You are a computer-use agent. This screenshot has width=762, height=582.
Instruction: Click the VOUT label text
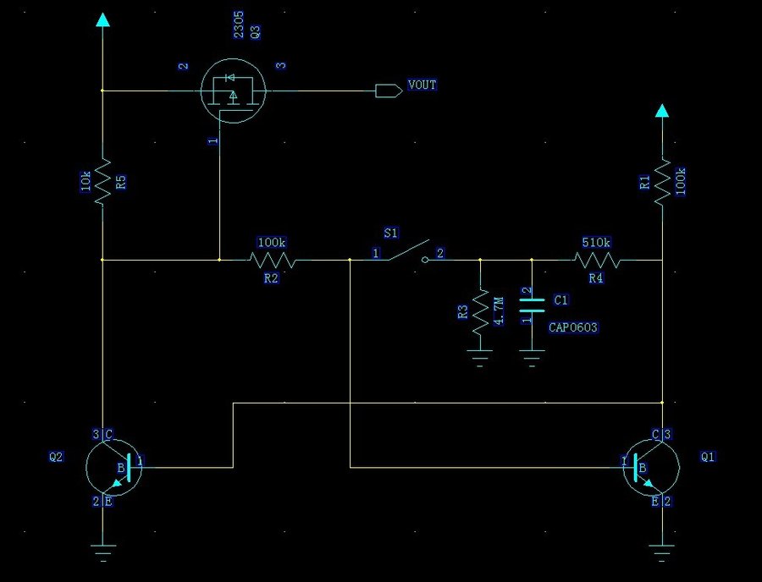pyautogui.click(x=422, y=85)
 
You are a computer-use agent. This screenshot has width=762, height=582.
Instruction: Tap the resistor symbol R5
pyautogui.click(x=102, y=182)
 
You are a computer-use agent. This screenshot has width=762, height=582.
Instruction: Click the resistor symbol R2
pyautogui.click(x=272, y=260)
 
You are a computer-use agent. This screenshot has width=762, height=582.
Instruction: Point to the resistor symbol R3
pyautogui.click(x=480, y=310)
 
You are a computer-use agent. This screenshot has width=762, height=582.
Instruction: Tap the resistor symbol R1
pyautogui.click(x=663, y=179)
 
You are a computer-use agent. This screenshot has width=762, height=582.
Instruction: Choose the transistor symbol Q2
pyautogui.click(x=113, y=466)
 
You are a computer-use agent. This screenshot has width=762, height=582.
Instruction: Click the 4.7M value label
pyautogui.click(x=499, y=309)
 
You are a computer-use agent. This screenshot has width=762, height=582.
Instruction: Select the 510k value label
pyautogui.click(x=595, y=244)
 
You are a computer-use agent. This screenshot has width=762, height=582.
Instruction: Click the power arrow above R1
pyautogui.click(x=662, y=111)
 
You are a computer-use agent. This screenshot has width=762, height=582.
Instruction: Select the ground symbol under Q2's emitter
pyautogui.click(x=103, y=555)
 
